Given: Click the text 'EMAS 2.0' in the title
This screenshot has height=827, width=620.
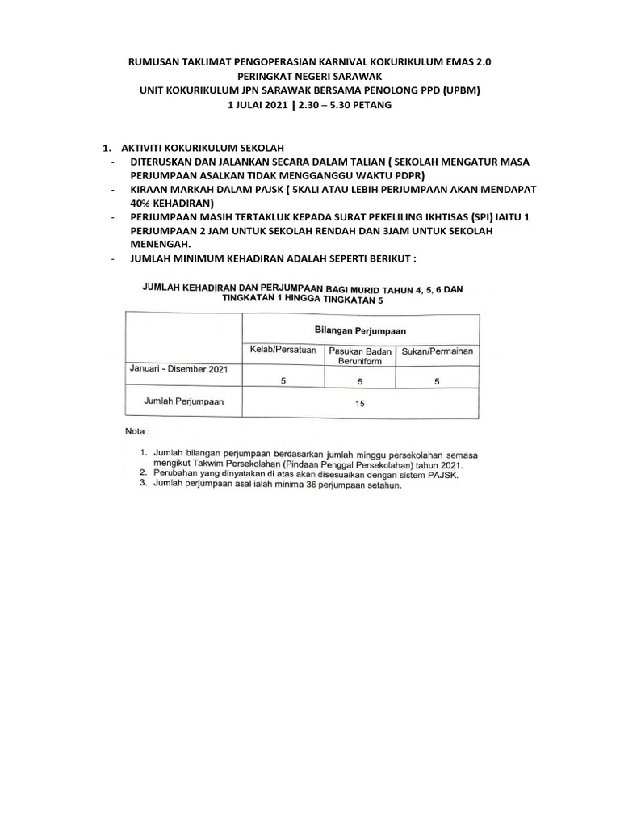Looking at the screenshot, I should [x=467, y=61].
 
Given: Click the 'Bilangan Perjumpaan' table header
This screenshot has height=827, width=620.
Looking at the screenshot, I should [x=360, y=330].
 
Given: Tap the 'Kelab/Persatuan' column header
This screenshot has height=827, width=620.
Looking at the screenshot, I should [x=283, y=351].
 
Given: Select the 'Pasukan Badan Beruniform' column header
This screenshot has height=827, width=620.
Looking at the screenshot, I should [x=359, y=356].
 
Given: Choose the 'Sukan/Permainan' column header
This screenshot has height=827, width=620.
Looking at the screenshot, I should [x=438, y=351].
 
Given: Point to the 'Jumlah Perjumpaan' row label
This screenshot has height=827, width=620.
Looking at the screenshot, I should [x=183, y=400].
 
